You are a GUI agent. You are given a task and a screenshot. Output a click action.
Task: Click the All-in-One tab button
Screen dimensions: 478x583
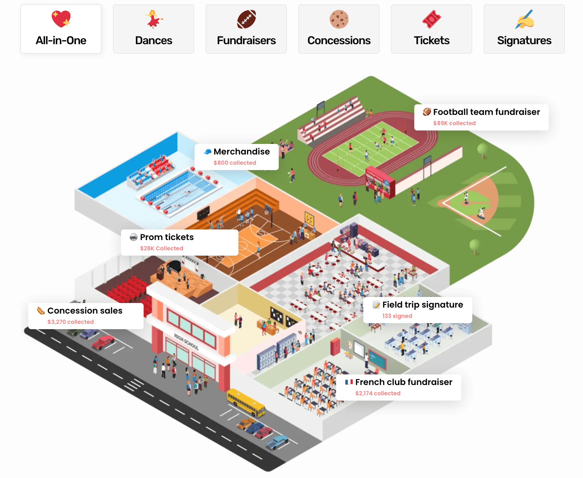click(61, 29)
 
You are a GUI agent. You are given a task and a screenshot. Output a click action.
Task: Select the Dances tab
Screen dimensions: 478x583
click(154, 29)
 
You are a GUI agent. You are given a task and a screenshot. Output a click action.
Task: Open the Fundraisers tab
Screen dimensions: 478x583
click(246, 29)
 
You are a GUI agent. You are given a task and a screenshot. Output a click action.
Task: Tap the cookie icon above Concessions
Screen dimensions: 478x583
click(339, 19)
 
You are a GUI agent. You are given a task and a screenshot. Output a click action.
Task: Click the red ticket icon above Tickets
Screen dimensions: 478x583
click(432, 19)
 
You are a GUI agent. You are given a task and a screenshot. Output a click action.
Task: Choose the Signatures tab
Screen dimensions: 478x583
click(524, 29)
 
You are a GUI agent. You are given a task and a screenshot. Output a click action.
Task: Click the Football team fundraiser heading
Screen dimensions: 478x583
click(486, 112)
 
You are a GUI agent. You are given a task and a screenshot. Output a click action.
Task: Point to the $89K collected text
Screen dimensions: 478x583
click(454, 123)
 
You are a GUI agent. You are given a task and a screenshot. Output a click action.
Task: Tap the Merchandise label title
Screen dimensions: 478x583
click(242, 152)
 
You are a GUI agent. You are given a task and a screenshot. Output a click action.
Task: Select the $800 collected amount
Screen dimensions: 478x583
click(235, 163)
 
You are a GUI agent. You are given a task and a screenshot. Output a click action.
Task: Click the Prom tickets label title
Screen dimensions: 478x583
click(167, 237)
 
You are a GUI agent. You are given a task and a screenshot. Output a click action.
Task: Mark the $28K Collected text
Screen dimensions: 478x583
click(161, 249)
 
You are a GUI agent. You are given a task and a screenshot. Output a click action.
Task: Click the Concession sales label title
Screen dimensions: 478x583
click(85, 311)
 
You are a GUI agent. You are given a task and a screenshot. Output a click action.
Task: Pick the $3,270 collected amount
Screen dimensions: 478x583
click(70, 322)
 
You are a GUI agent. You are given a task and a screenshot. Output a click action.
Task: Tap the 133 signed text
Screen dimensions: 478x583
click(397, 316)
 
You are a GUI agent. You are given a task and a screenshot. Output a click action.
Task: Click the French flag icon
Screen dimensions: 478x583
click(349, 382)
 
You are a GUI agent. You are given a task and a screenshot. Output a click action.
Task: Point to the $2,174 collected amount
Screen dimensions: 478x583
click(378, 394)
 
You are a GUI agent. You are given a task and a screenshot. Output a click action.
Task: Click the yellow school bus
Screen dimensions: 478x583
click(246, 402)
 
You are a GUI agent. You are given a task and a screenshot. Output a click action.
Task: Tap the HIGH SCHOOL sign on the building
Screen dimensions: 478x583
click(186, 342)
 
